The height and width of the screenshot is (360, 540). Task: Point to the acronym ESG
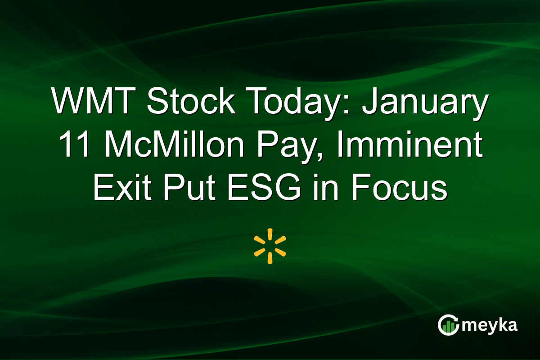point(264,189)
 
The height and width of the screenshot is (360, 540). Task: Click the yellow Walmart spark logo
point(270,246)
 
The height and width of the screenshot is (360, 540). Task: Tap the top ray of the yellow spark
point(270,234)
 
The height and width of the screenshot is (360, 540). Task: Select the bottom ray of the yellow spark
point(270,258)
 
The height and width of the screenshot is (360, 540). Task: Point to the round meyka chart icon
point(448,325)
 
